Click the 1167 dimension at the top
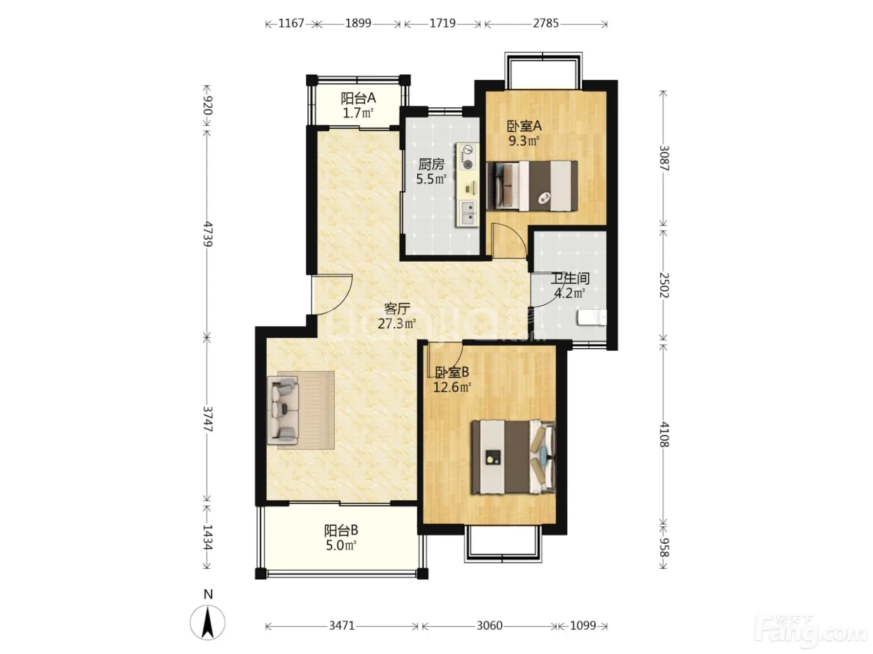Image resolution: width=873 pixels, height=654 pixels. pos(291,24)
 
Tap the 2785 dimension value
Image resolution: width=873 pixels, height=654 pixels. pos(546,24)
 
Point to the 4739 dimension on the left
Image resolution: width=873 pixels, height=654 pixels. pos(208,234)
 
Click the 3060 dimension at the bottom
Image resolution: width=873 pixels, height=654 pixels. pos(490,626)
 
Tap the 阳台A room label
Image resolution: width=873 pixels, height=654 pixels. pos(358,98)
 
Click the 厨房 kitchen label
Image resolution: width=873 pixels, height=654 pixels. pos(431,164)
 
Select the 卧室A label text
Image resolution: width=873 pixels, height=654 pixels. pos(524,126)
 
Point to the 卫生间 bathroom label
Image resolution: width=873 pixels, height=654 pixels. pos(570,278)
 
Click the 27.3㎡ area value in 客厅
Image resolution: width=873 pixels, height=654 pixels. pos(397,324)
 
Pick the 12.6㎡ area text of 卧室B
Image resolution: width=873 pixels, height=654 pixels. pos(452,387)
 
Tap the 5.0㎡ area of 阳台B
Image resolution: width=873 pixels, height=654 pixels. pos(341,545)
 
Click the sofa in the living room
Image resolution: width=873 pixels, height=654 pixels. pos(283,410)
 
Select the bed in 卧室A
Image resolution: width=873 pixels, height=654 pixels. pos(532,186)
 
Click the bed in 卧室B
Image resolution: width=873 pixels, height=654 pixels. pos(513,457)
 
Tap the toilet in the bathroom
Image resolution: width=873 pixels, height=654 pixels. pos(592,318)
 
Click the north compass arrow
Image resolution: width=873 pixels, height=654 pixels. pos(208,622)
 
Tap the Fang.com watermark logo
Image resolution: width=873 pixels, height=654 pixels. pos(811,633)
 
